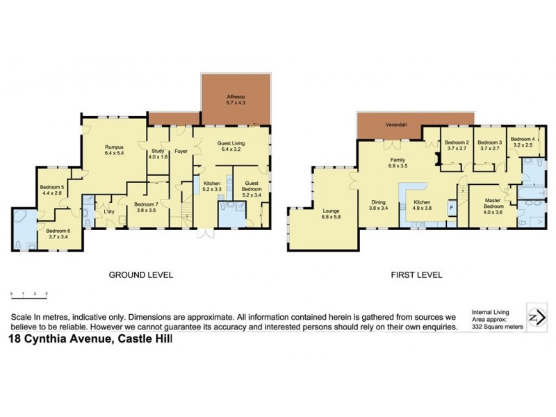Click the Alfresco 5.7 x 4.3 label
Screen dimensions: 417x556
[x=236, y=99]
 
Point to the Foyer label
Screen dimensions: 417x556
[x=182, y=150]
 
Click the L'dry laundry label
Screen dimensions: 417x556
[x=108, y=212]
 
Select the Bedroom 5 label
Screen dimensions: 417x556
[x=52, y=190]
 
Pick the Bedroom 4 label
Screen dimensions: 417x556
[x=523, y=142]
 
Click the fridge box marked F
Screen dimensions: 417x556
[x=452, y=207]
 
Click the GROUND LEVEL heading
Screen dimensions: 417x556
[x=140, y=275]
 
